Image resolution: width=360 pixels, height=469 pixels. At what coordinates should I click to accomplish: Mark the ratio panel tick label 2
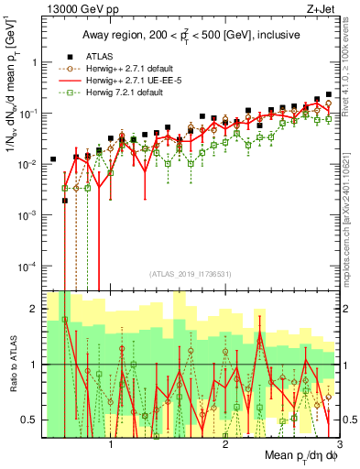pyautogui.click(x=32, y=309)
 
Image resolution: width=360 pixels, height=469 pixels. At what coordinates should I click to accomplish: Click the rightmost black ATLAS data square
pyautogui.click(x=329, y=94)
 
